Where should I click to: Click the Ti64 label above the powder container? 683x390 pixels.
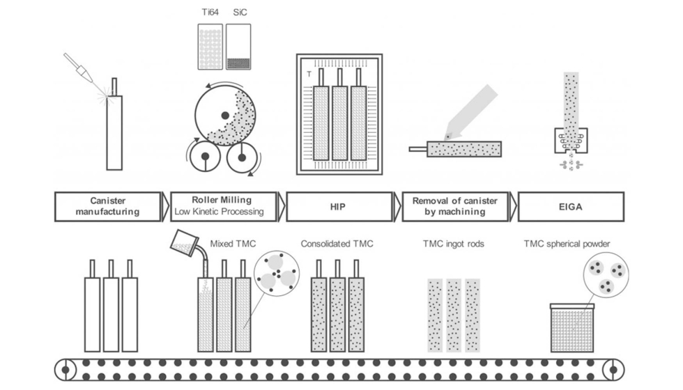(x=210, y=13)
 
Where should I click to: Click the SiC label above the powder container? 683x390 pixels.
(x=238, y=13)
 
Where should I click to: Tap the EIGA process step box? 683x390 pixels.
(x=571, y=206)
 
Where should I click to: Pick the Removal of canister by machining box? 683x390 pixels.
(x=455, y=206)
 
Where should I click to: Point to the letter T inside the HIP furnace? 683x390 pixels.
(x=308, y=75)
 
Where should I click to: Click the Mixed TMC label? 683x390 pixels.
(x=230, y=244)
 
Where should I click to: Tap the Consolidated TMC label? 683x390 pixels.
(x=337, y=244)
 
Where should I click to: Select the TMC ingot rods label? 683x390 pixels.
(x=454, y=244)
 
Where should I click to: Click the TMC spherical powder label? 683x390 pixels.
(x=567, y=244)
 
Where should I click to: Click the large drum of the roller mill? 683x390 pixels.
(x=224, y=115)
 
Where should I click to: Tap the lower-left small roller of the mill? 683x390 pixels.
(x=205, y=158)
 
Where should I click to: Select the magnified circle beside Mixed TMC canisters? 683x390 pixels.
(x=277, y=274)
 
